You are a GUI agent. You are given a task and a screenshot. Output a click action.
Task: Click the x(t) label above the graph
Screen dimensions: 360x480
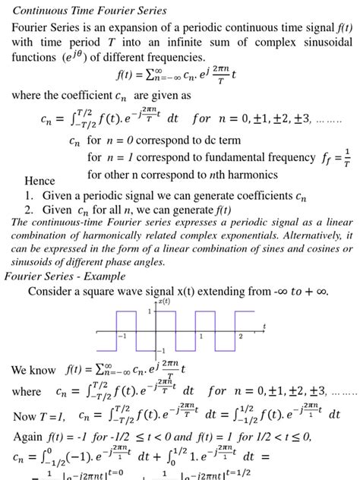pos(166,301)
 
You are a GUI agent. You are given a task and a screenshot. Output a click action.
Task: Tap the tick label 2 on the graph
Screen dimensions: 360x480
pos(241,336)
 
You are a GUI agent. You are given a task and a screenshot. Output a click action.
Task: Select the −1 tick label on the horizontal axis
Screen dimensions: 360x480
pos(122,336)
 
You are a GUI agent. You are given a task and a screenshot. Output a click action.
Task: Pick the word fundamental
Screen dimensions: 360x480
pos(228,158)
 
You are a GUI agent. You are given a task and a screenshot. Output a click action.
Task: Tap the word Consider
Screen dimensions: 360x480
pos(55,292)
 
